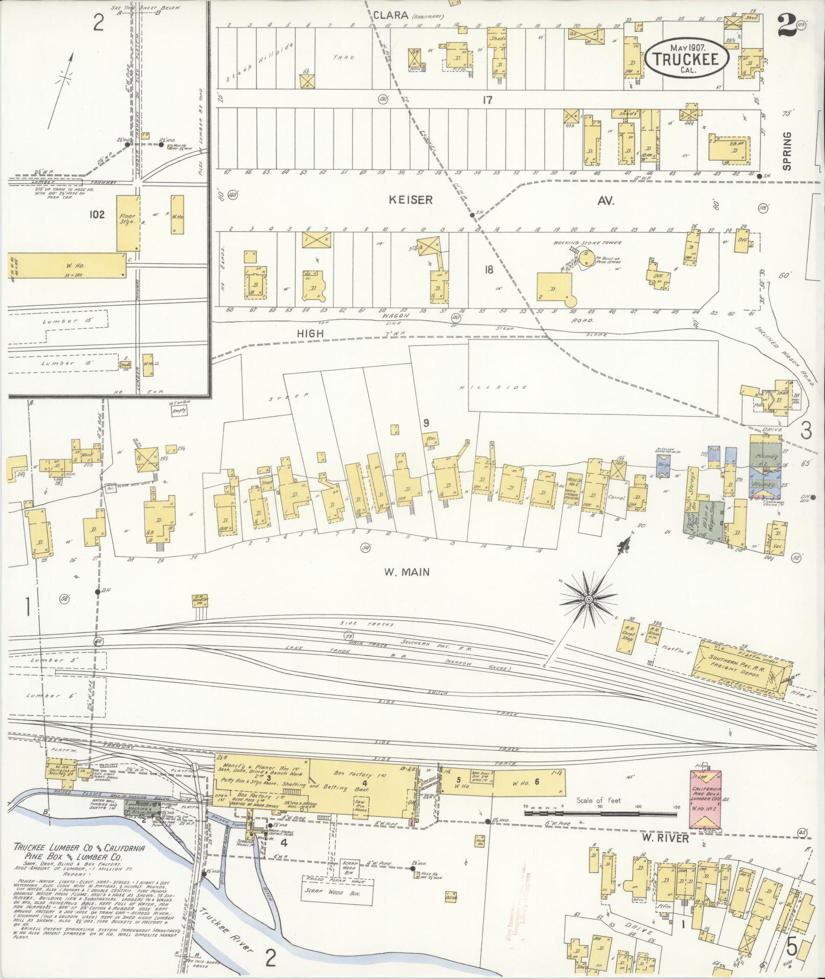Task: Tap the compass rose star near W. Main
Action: (x=589, y=599)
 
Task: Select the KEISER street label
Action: (x=411, y=200)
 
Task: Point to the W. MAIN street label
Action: (x=407, y=572)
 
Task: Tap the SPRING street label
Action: (x=787, y=150)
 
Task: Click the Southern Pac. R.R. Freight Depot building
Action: (x=742, y=673)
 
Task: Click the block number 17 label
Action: (x=487, y=100)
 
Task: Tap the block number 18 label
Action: (x=488, y=269)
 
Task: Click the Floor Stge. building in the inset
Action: (x=128, y=222)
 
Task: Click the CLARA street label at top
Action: (x=390, y=15)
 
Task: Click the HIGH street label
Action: (x=310, y=333)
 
